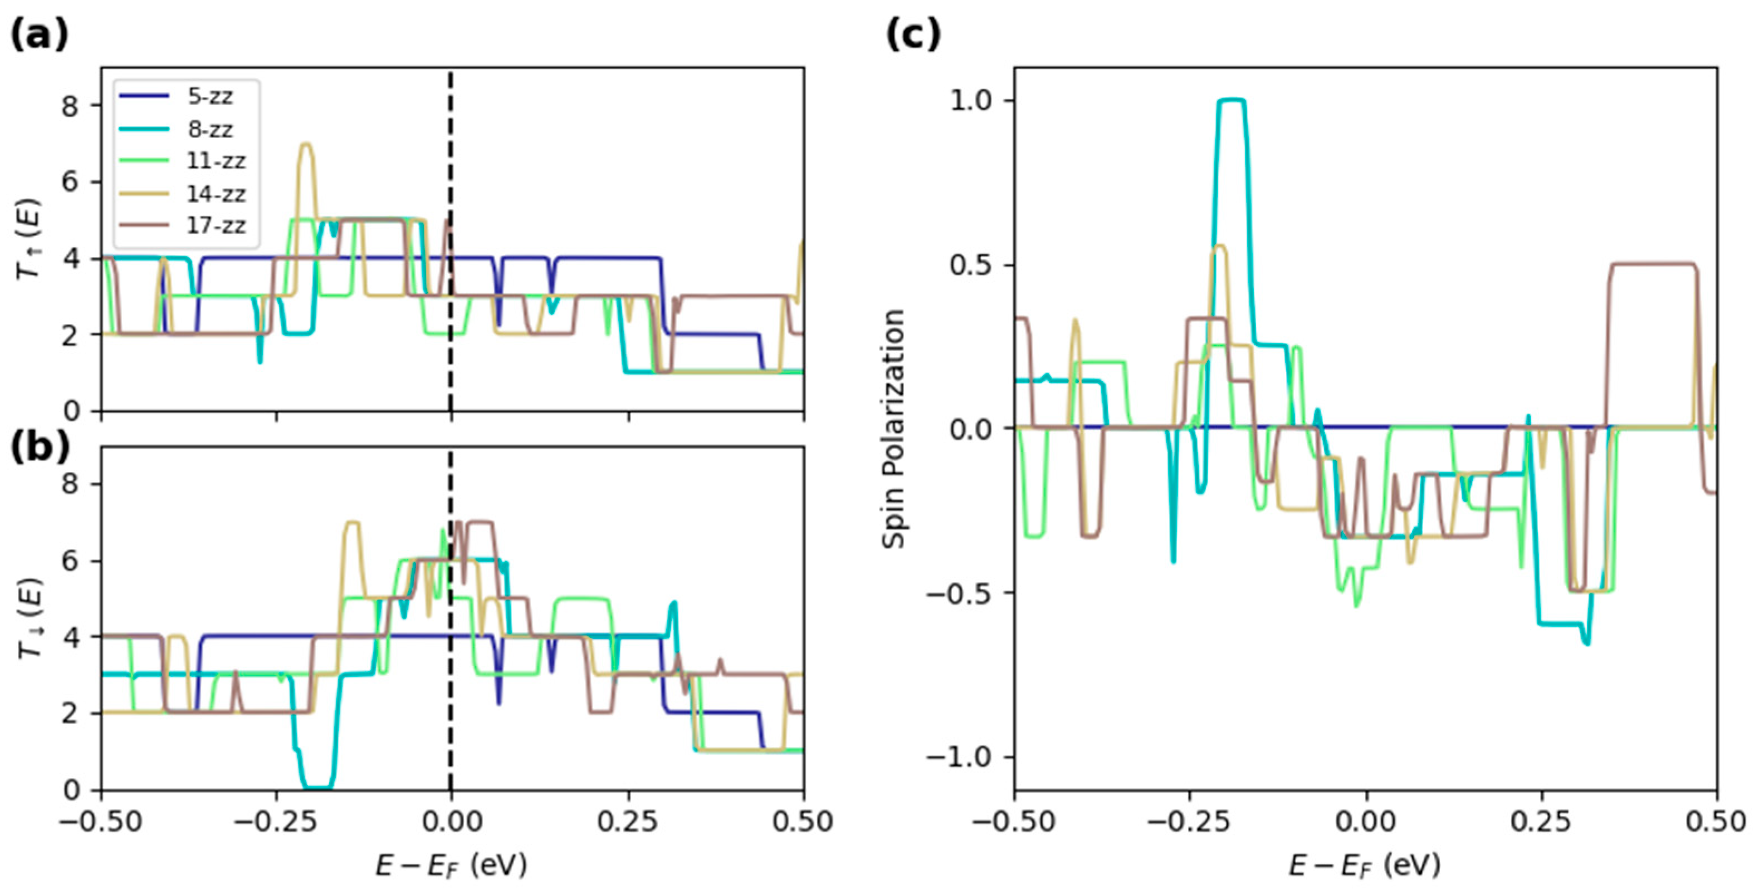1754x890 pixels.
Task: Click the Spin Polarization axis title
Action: [x=893, y=429]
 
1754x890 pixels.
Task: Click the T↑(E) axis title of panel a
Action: [x=31, y=239]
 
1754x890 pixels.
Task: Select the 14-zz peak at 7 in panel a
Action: [x=306, y=144]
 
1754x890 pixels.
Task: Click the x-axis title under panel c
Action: [x=1365, y=866]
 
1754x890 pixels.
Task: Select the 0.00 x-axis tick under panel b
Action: [x=451, y=822]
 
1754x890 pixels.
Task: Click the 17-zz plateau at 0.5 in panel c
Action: [x=1648, y=264]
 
